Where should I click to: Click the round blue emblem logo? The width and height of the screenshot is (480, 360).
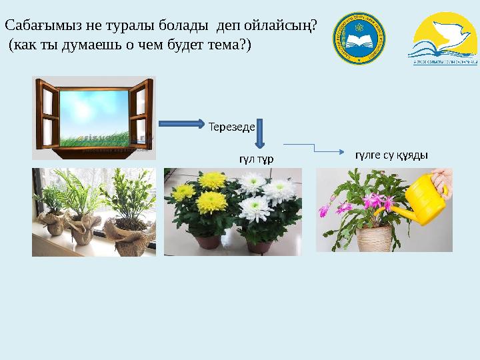pyautogui.click(x=359, y=39)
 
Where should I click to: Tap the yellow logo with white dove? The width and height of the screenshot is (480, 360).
pyautogui.click(x=442, y=40)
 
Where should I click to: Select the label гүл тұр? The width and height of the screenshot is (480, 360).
pyautogui.click(x=257, y=159)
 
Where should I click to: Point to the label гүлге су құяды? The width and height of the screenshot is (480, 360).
pyautogui.click(x=391, y=155)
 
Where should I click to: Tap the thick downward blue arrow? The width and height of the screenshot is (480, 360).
pyautogui.click(x=260, y=135)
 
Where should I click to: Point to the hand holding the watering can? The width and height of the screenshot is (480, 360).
pyautogui.click(x=443, y=180)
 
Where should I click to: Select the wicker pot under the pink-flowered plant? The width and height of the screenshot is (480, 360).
pyautogui.click(x=374, y=237)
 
